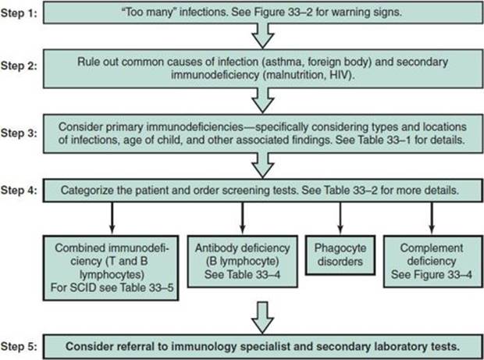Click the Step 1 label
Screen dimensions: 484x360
(x=19, y=13)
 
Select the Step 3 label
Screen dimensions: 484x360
(x=19, y=133)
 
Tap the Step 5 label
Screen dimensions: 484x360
(x=19, y=347)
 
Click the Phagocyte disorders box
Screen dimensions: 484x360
(x=340, y=255)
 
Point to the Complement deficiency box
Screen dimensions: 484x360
(x=432, y=262)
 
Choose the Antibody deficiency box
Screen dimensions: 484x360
(x=243, y=262)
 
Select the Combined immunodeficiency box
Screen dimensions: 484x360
(x=111, y=268)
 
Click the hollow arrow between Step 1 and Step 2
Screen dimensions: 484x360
(x=262, y=36)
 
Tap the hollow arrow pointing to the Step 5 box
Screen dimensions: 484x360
(x=262, y=318)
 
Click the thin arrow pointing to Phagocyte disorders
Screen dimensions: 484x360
(x=340, y=218)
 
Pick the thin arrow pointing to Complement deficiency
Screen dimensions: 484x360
(x=432, y=218)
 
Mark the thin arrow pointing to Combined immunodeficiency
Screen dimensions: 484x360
(x=112, y=218)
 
